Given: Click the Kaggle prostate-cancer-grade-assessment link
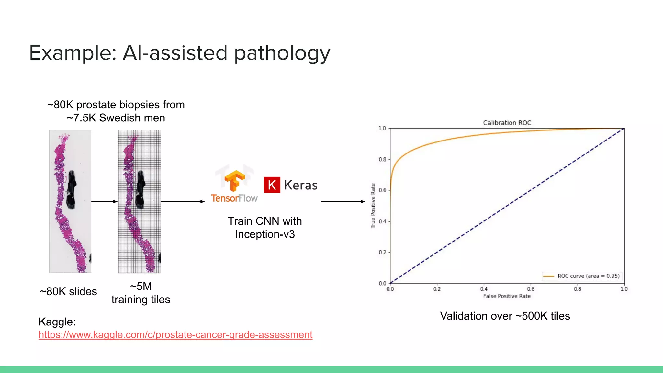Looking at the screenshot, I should tap(175, 334).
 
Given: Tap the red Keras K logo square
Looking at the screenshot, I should tap(272, 185).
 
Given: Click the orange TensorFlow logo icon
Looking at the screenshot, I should tap(235, 181).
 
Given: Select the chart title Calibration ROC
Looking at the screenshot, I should tap(507, 123).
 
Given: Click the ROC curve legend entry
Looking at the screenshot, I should tap(581, 276).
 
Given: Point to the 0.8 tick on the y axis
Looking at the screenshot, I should tap(383, 159).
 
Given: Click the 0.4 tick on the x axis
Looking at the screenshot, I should tap(484, 289).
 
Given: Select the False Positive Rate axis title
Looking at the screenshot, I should tap(507, 296).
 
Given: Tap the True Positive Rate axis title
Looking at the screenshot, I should tap(373, 206).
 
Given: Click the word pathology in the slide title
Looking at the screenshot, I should tap(282, 53).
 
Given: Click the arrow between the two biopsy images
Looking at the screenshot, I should tap(104, 202).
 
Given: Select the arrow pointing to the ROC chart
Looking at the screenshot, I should tap(343, 202).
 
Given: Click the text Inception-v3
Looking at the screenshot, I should tap(264, 234).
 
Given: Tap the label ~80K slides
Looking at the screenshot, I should tap(68, 291).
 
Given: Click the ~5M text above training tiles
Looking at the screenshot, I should tap(141, 286).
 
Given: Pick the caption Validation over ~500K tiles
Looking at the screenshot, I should tap(505, 316).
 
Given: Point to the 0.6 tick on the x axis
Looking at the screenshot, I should tap(531, 289).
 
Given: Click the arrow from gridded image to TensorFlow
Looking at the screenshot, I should tap(183, 202).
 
